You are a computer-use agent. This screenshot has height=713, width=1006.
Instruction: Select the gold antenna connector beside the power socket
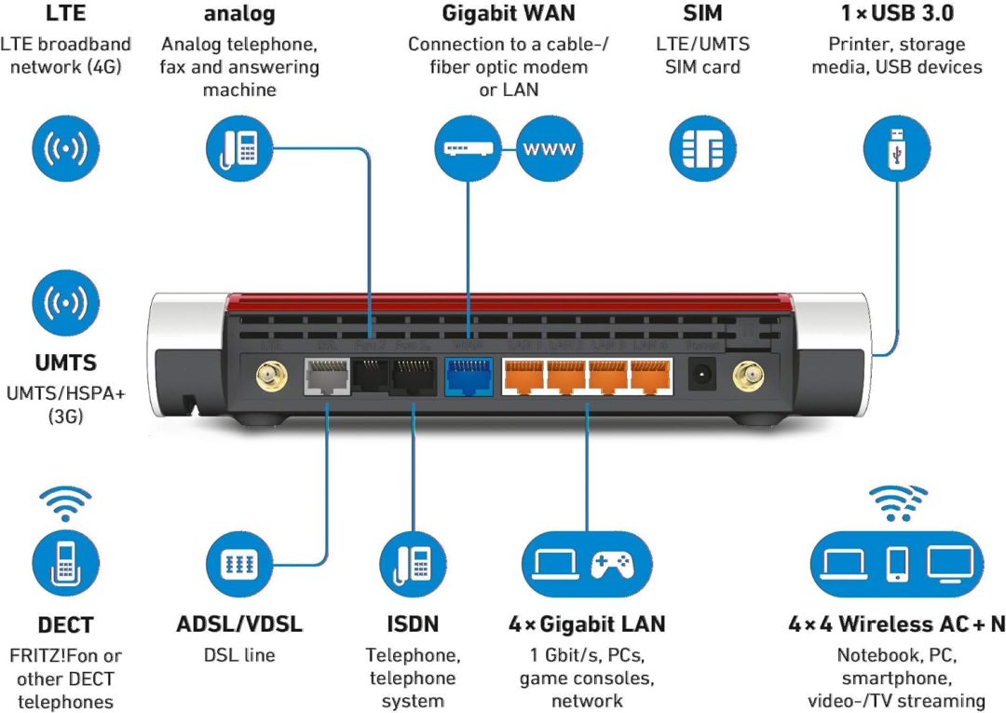pyautogui.click(x=744, y=377)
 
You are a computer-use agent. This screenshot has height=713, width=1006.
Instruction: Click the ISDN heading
pyautogui.click(x=413, y=624)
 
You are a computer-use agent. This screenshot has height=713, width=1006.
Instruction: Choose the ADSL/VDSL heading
pyautogui.click(x=239, y=624)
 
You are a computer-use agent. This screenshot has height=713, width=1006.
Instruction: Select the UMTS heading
pyautogui.click(x=66, y=362)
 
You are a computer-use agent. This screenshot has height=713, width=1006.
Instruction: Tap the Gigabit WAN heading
pyautogui.click(x=508, y=13)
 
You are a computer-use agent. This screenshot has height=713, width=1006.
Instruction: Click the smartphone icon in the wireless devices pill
pyautogui.click(x=896, y=563)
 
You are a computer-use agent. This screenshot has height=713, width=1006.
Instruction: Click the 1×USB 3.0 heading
pyautogui.click(x=896, y=13)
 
